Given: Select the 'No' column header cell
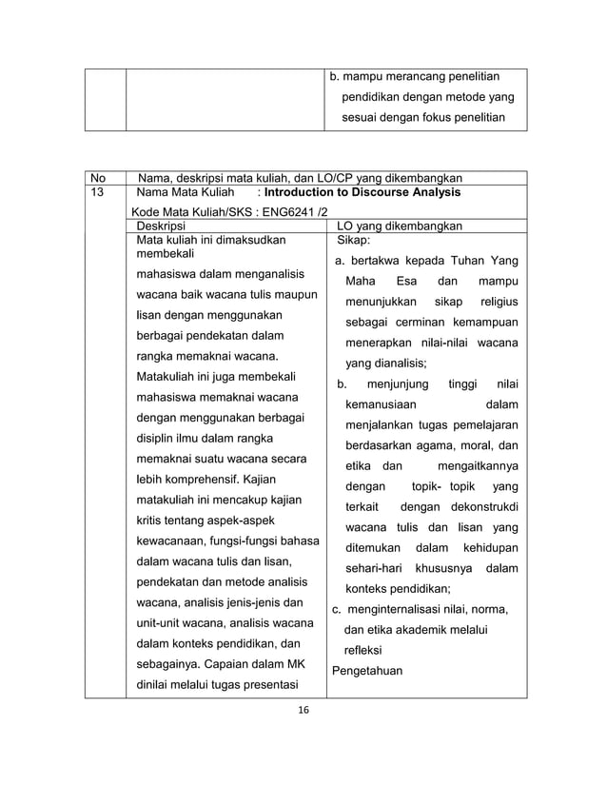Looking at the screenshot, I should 98,178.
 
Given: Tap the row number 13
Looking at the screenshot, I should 98,193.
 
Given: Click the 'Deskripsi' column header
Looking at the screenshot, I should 161,226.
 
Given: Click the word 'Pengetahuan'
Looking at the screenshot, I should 367,671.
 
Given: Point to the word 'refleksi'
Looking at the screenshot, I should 362,650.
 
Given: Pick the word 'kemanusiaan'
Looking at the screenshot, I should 381,404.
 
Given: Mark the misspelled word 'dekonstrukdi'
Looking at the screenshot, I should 479,507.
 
